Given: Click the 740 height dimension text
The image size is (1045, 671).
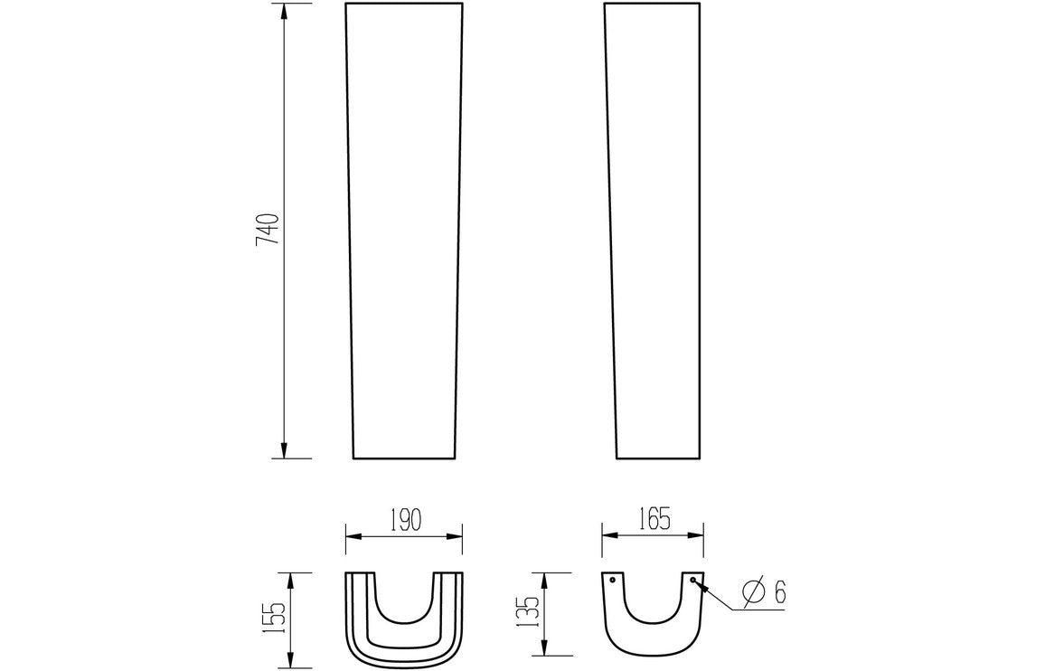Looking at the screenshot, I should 268,231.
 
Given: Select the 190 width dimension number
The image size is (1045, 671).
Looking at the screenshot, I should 403,520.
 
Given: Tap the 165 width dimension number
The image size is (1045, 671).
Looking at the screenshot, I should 653,519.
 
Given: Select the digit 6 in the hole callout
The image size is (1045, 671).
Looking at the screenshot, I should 779,592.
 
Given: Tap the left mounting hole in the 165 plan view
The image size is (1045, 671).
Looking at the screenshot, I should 613,580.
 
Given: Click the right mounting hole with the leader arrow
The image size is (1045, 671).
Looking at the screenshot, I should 692,580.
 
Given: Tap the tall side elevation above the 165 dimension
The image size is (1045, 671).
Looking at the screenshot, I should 654,231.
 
